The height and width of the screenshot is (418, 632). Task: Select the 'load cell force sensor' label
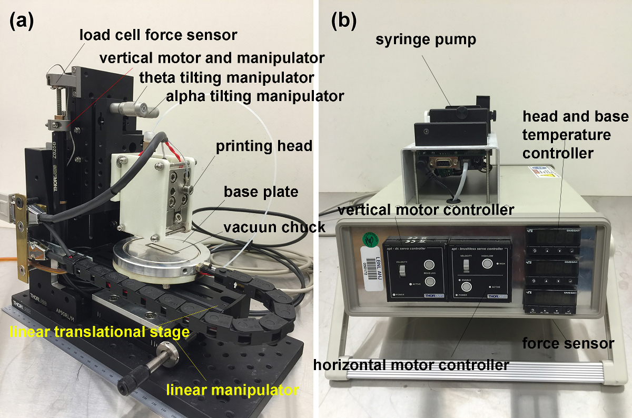(158, 35)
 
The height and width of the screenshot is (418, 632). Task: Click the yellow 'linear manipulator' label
(232, 390)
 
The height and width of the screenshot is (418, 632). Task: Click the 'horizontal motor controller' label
(411, 364)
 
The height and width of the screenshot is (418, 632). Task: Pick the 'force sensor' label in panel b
(568, 343)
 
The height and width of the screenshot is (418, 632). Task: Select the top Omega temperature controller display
(554, 238)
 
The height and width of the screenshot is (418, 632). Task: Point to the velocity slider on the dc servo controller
(402, 271)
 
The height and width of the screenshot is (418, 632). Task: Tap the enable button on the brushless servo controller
(467, 287)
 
